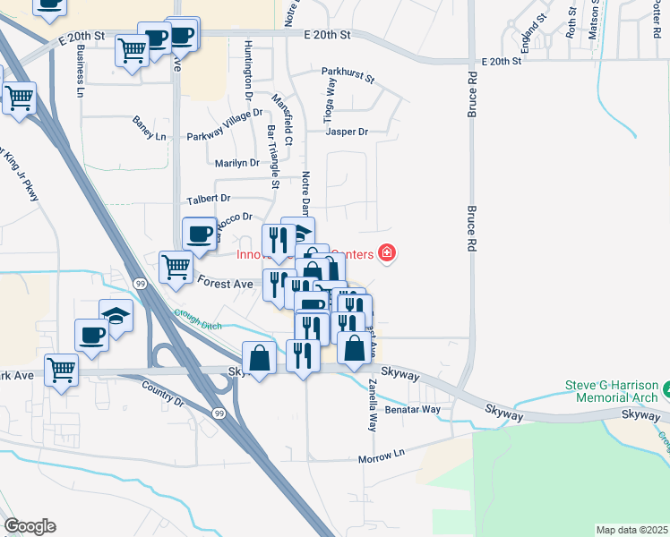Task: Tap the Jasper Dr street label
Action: click(x=348, y=132)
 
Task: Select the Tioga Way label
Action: click(x=330, y=99)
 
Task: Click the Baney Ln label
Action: click(x=150, y=121)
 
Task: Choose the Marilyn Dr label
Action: click(x=237, y=163)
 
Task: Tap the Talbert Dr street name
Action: click(x=208, y=198)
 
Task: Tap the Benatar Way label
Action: click(x=413, y=409)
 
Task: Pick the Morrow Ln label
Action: click(x=382, y=457)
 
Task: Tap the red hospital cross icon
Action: click(x=387, y=254)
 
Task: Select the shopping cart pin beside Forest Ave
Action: click(x=176, y=267)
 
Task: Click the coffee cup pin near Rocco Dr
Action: click(x=200, y=234)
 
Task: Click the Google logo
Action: click(x=30, y=526)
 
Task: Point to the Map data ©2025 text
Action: click(x=632, y=530)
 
